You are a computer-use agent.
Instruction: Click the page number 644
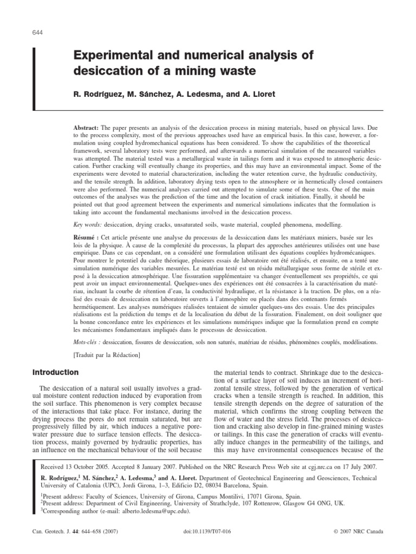pyautogui.click(x=38, y=32)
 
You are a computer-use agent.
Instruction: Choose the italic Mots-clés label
pyautogui.click(x=87, y=342)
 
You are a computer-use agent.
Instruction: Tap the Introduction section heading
pyautogui.click(x=56, y=373)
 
